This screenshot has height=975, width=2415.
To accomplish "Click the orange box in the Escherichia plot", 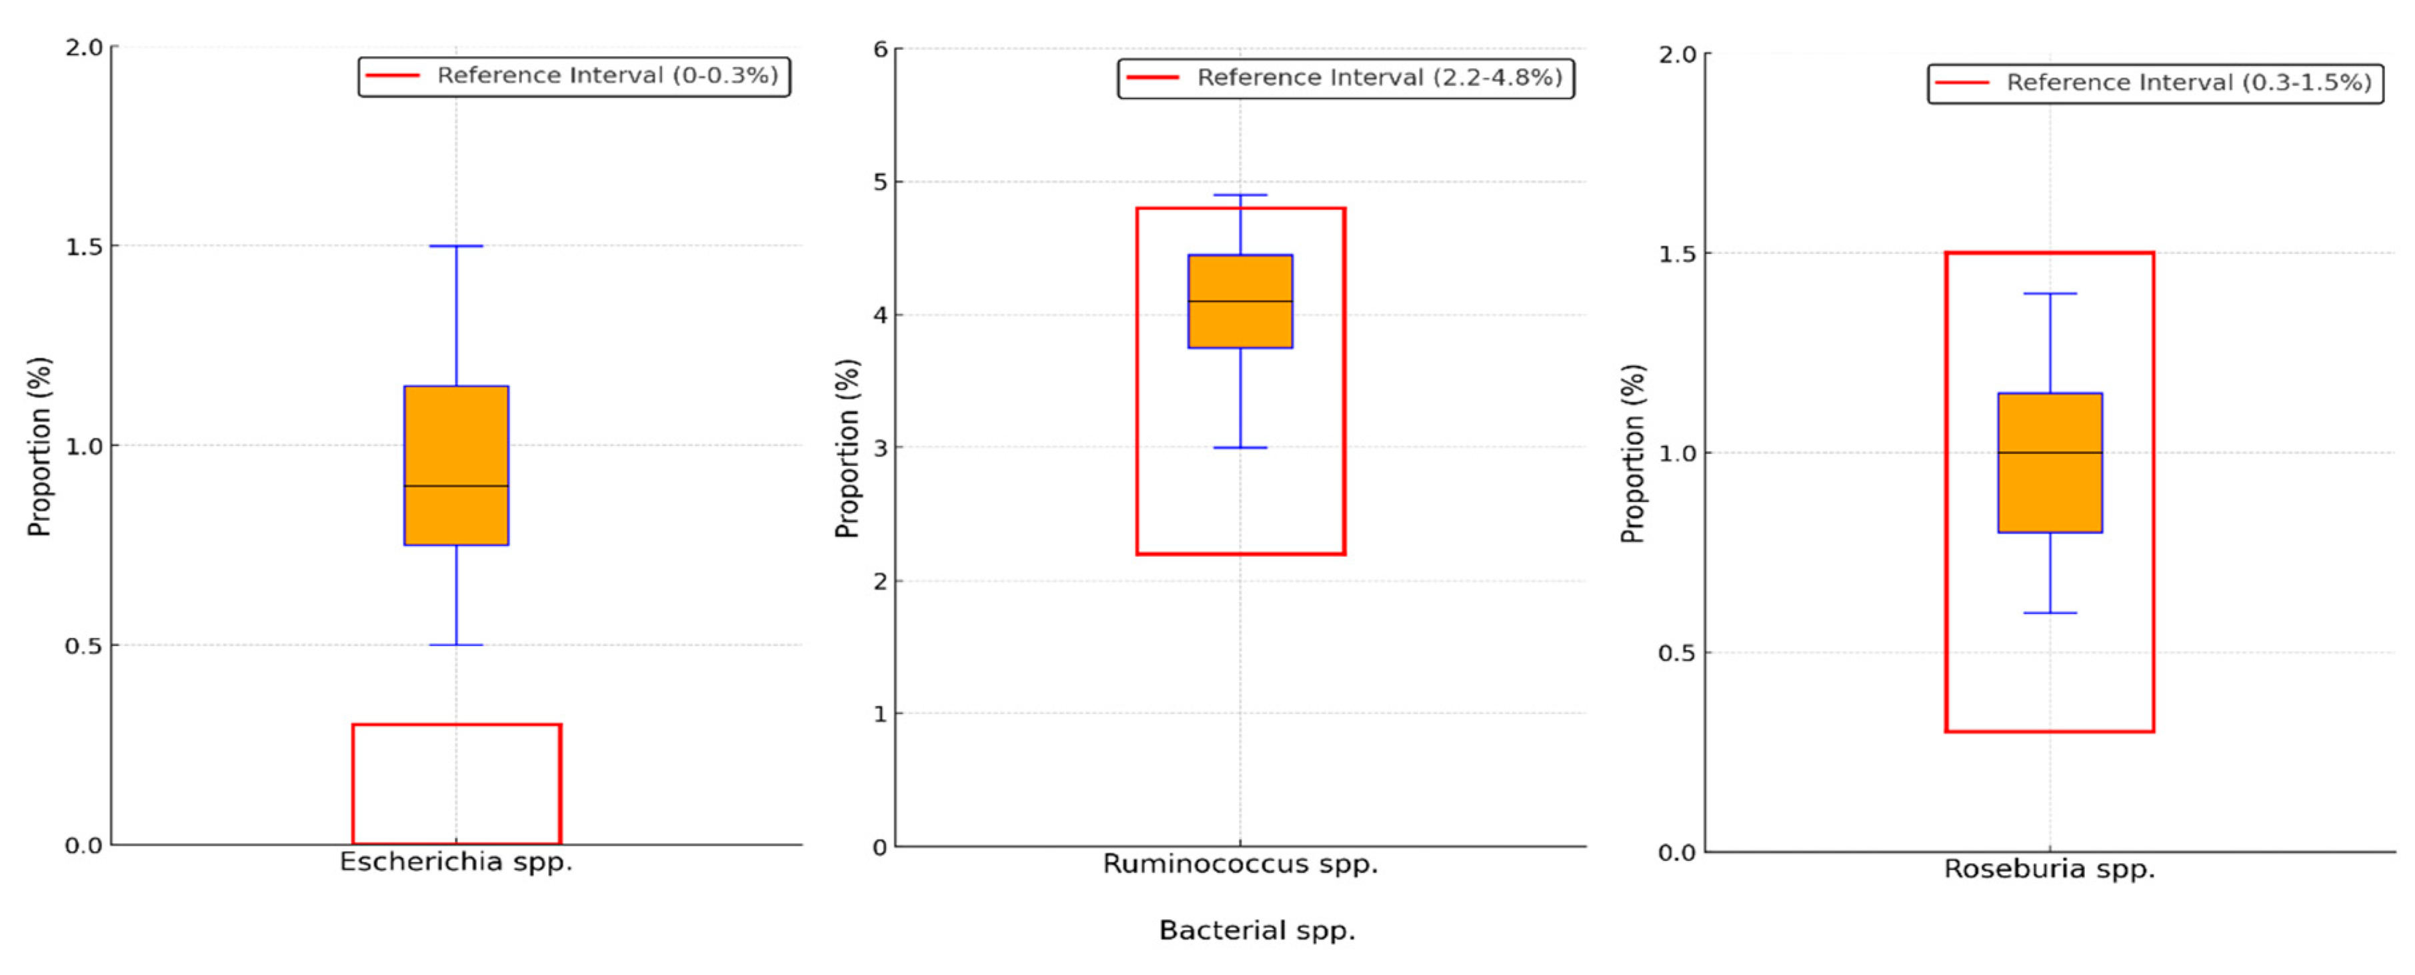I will [455, 431].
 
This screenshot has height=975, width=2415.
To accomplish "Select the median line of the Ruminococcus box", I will [1240, 301].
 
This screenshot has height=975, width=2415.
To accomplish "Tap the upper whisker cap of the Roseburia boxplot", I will [2050, 293].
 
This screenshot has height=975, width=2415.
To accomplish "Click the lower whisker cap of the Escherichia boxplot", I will [455, 645].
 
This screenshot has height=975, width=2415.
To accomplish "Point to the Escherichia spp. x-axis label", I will [455, 862].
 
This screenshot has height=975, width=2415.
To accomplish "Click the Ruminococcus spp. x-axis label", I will [1240, 864].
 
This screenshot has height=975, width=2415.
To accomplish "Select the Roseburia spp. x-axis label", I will [2050, 869].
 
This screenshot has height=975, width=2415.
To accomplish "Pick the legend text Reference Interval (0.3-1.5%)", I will [2188, 83].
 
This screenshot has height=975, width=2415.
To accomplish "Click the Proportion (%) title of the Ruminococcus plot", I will [847, 448].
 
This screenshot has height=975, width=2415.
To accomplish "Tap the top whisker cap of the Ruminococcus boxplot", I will [1240, 195].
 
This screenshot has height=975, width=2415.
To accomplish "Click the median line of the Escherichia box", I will [455, 485].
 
